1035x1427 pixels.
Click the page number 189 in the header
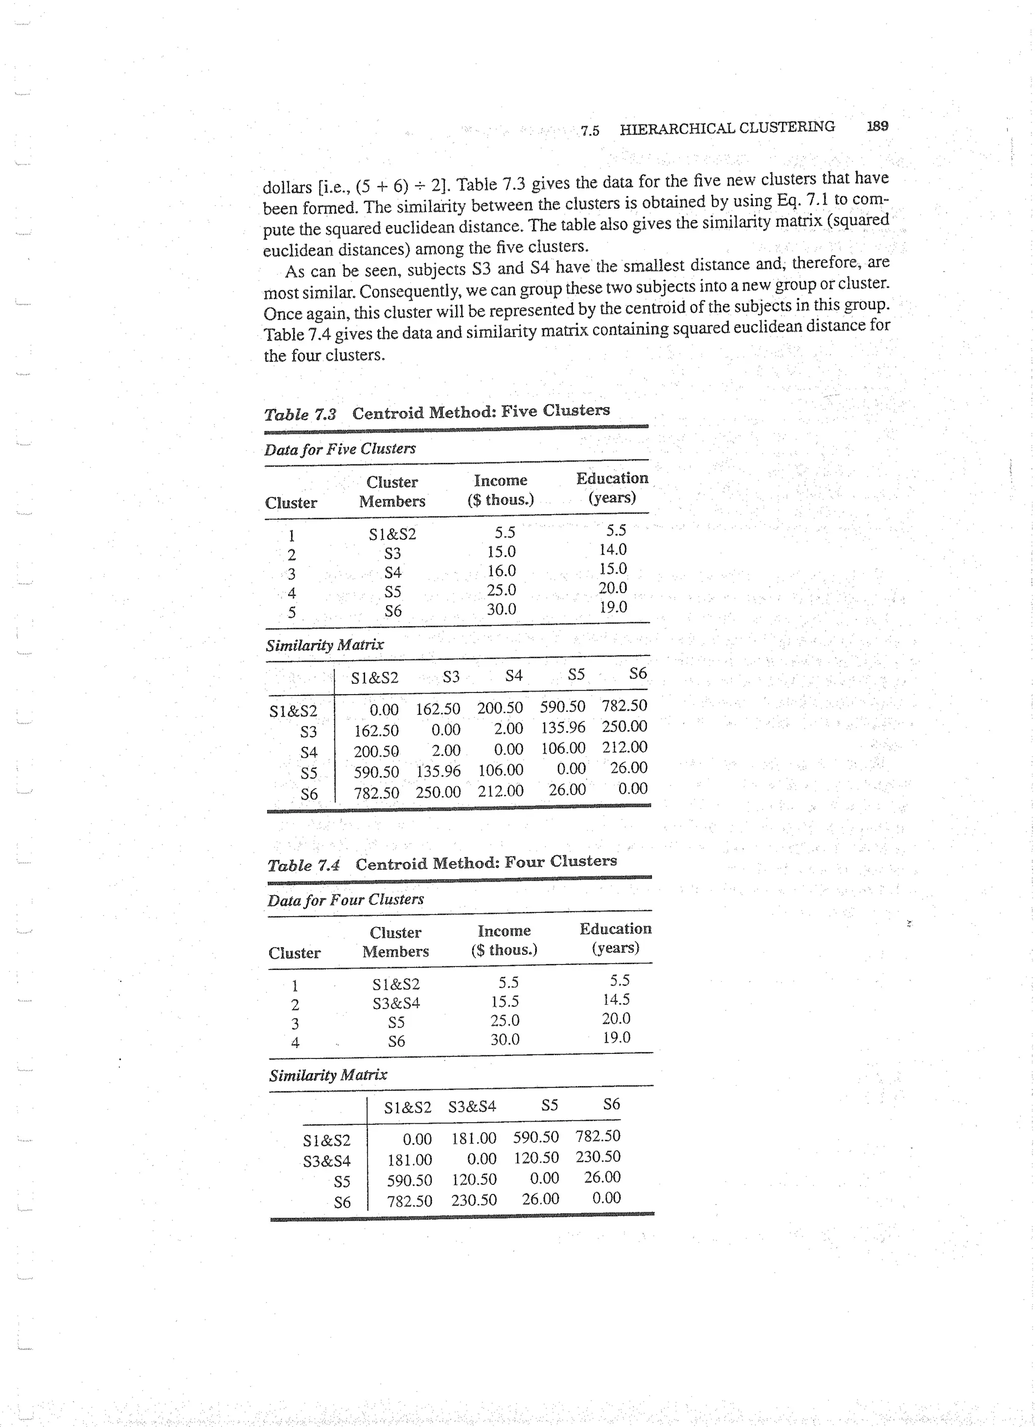[x=877, y=126]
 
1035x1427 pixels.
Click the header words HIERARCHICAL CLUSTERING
[x=727, y=128]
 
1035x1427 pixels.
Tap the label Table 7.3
[x=300, y=415]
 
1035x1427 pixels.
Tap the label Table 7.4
[x=303, y=865]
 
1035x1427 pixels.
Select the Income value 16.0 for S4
[x=501, y=571]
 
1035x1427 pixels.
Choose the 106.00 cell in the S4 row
[x=562, y=748]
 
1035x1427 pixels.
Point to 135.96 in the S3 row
[x=562, y=727]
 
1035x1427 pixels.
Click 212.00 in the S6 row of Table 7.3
[x=500, y=791]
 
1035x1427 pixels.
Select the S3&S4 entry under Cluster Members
[x=396, y=1003]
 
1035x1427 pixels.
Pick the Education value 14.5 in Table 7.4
[x=616, y=999]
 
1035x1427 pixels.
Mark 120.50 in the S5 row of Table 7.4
[x=474, y=1179]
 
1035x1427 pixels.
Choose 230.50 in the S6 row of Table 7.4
[x=474, y=1200]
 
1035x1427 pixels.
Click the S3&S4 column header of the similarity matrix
[x=472, y=1106]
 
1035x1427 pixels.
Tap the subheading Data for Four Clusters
[x=345, y=900]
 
